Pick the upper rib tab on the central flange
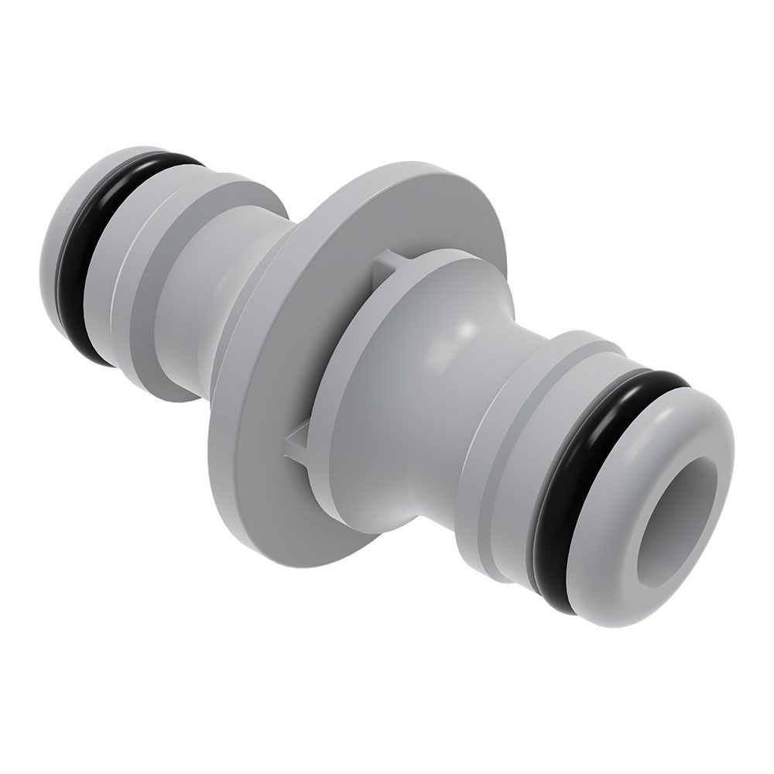coord(385,267)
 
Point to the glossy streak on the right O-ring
coord(658,383)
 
